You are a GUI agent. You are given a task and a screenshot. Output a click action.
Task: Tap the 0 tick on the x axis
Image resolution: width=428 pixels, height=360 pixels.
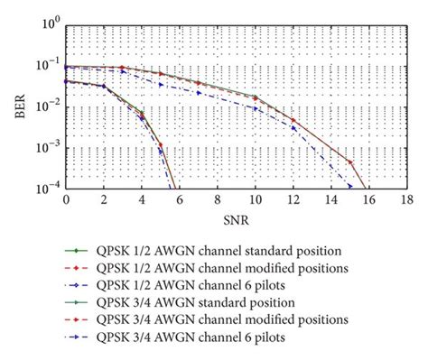coord(65,201)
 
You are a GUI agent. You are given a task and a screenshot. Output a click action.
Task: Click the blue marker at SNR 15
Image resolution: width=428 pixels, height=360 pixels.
coord(349,187)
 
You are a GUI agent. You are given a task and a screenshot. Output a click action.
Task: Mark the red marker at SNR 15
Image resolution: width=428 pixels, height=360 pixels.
coord(349,162)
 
